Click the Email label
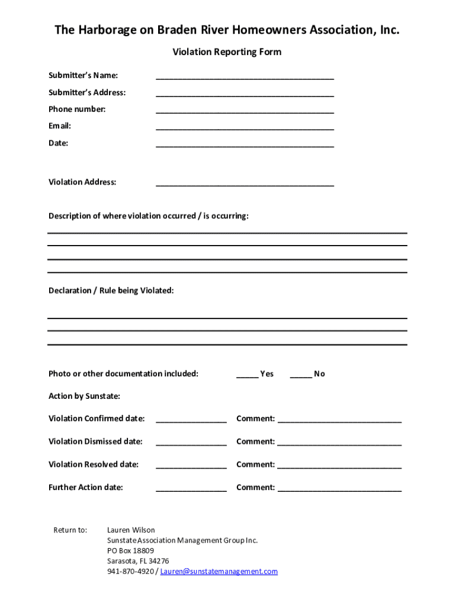pos(60,126)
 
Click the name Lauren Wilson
pos(131,530)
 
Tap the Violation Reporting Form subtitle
pos(227,52)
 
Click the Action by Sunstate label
pos(84,396)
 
